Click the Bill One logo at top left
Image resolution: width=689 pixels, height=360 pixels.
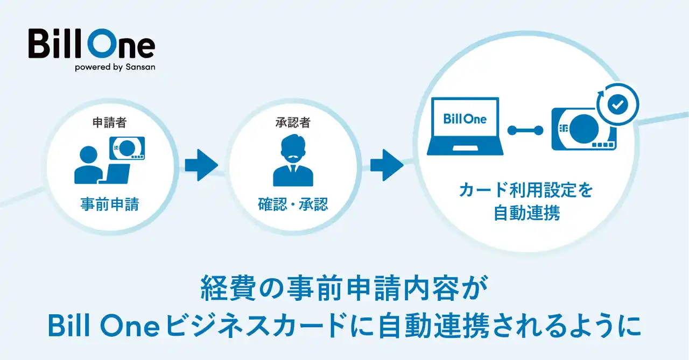(x=92, y=44)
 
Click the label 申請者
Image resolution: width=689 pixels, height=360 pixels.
(x=109, y=123)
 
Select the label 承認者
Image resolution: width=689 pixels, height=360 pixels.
(x=293, y=123)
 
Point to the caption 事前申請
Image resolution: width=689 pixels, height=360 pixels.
(x=109, y=205)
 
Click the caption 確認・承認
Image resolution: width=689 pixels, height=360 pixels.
(x=293, y=205)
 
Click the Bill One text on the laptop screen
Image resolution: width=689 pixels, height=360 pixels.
(x=465, y=119)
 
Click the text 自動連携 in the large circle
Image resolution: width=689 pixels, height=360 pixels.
(x=527, y=213)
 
